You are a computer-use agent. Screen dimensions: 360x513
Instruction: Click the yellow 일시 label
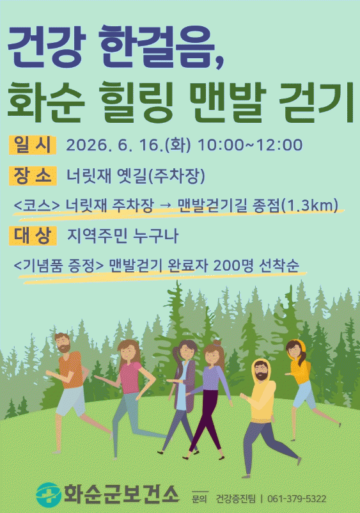(33, 145)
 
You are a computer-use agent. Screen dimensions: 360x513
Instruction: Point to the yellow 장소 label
(33, 176)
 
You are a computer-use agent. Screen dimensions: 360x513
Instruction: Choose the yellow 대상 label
(33, 235)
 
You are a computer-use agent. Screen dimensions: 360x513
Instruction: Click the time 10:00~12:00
(250, 145)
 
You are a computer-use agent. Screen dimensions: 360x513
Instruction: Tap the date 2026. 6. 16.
(114, 145)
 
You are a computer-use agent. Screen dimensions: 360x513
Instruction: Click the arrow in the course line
(166, 206)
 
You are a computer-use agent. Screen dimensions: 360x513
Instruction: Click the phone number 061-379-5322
(297, 498)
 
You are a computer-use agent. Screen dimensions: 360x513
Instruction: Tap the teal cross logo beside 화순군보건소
(49, 494)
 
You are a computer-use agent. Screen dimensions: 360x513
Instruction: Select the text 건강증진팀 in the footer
(235, 498)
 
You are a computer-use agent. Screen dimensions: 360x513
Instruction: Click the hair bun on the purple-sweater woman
(217, 343)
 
